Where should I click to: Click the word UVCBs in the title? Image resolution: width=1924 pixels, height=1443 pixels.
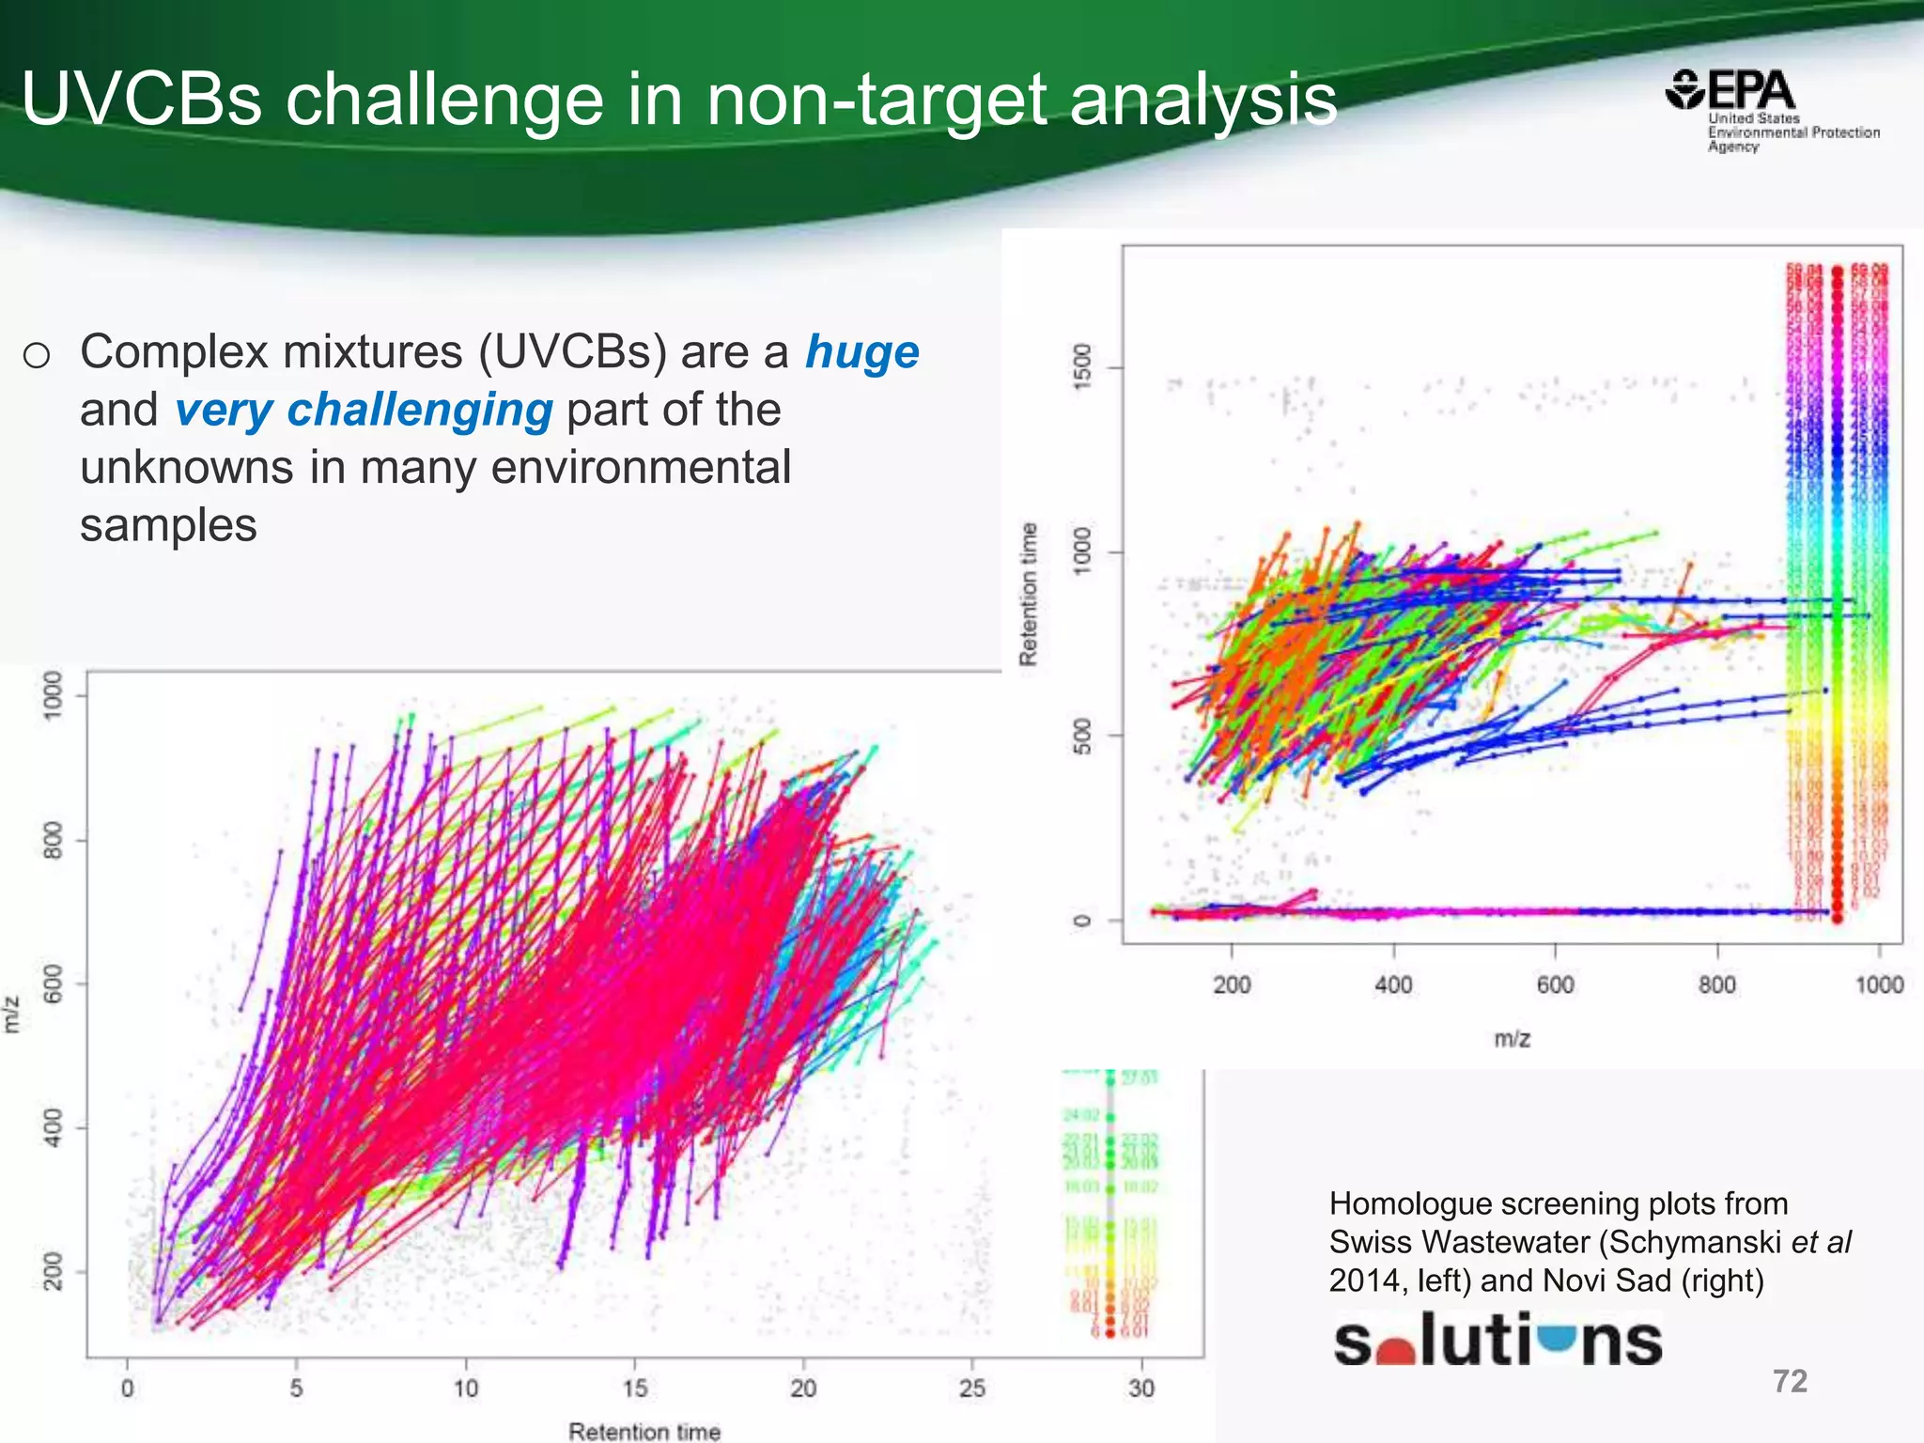click(x=141, y=100)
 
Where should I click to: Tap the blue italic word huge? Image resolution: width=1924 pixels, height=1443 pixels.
click(x=861, y=352)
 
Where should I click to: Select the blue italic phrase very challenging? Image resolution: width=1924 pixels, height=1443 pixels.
click(x=364, y=411)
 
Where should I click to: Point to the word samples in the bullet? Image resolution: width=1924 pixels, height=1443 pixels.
click(x=168, y=525)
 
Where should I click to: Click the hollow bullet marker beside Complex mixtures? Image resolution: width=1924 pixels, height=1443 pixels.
click(x=37, y=356)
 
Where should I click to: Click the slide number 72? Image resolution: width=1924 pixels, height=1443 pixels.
click(x=1789, y=1380)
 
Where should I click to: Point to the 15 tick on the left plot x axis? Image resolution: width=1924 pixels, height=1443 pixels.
click(x=634, y=1388)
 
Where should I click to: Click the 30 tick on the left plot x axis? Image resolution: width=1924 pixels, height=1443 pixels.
click(x=1140, y=1388)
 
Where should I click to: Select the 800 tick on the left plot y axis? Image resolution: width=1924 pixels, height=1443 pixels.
click(x=54, y=840)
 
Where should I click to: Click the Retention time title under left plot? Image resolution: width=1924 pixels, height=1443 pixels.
click(x=644, y=1431)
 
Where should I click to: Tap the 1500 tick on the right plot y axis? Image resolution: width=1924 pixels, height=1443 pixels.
click(x=1082, y=366)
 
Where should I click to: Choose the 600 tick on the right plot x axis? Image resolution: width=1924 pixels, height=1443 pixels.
click(x=1555, y=985)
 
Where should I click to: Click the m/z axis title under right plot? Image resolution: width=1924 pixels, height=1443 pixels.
click(x=1512, y=1038)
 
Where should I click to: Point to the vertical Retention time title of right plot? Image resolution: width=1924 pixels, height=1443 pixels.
click(x=1029, y=594)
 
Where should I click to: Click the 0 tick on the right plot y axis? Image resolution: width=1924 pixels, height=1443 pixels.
click(x=1082, y=920)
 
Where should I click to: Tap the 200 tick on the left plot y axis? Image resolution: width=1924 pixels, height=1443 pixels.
click(x=54, y=1271)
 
